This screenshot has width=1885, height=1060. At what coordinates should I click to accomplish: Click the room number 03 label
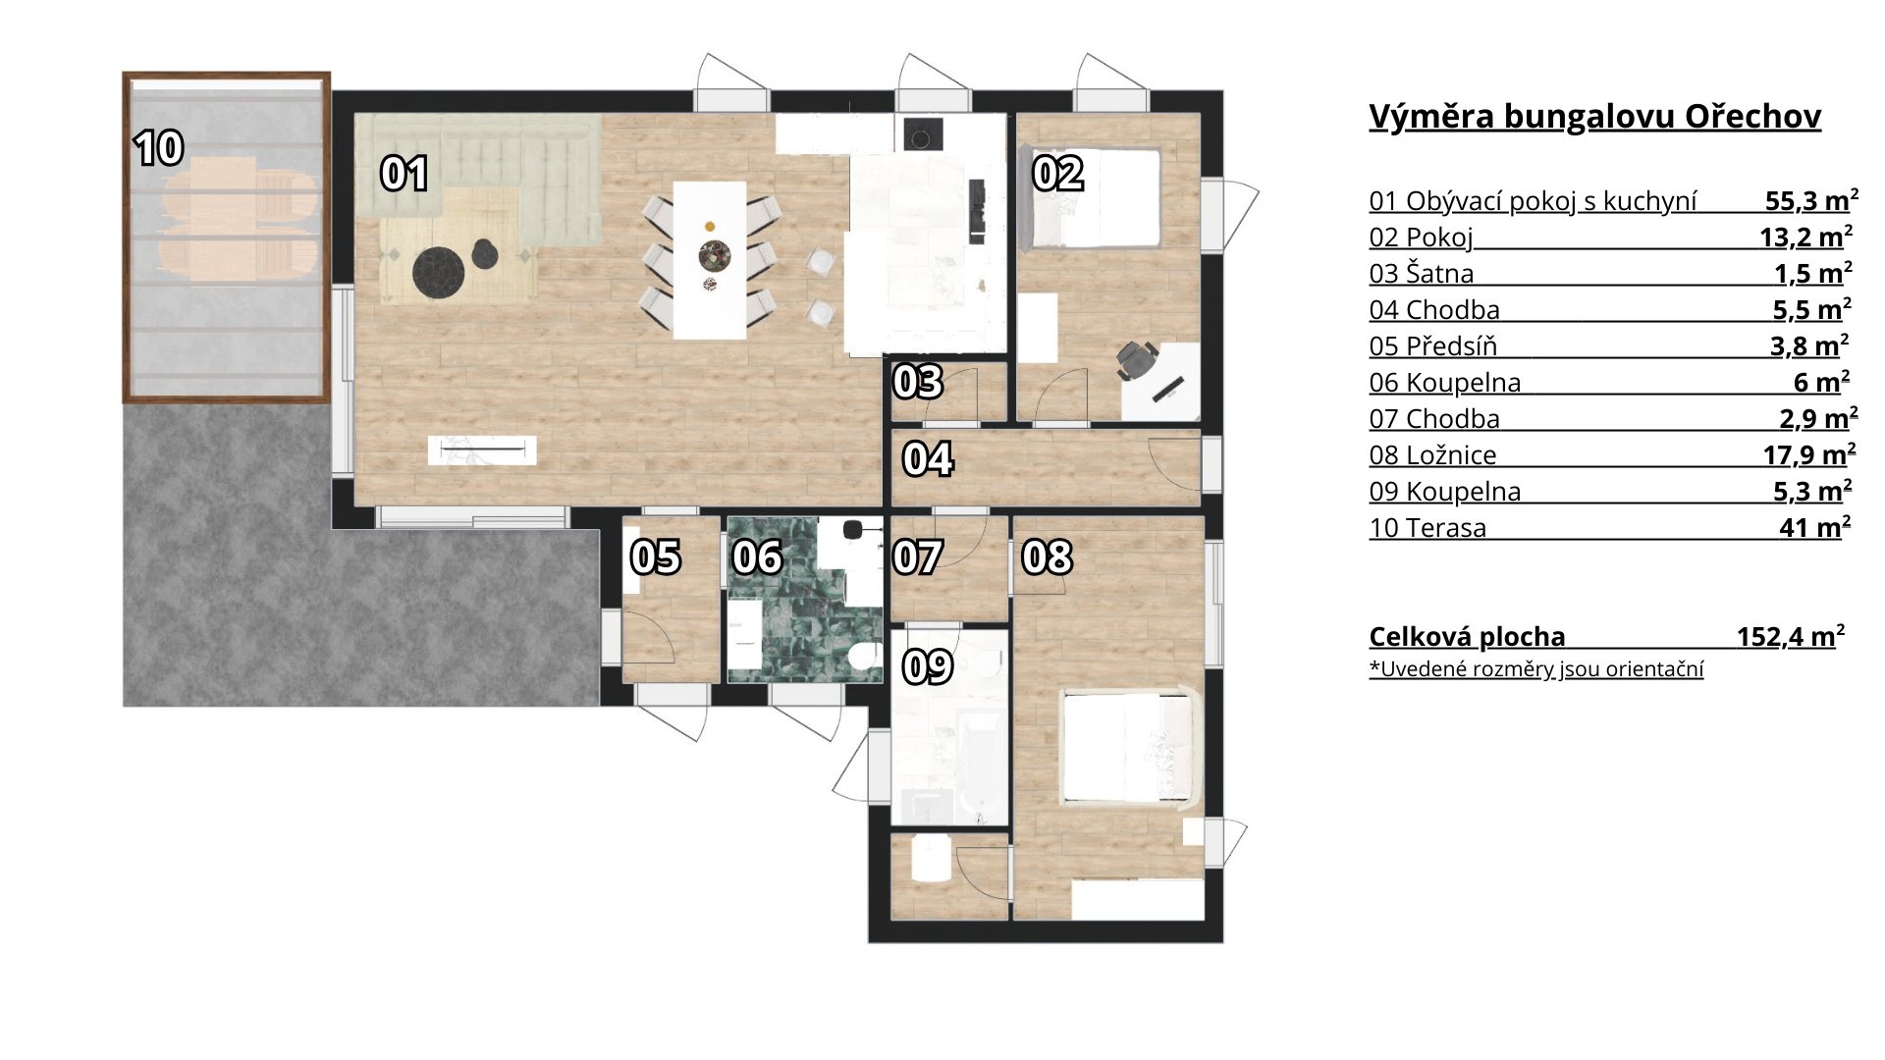918,382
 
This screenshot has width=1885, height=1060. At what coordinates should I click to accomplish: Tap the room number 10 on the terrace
159,148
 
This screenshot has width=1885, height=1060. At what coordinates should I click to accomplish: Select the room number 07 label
918,557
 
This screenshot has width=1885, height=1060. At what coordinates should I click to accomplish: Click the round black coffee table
438,270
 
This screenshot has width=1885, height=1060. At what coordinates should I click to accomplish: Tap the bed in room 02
1091,196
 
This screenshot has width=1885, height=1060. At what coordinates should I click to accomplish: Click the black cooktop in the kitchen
920,132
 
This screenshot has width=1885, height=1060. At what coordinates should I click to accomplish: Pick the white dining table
709,259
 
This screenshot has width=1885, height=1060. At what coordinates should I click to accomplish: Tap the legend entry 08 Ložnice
1432,455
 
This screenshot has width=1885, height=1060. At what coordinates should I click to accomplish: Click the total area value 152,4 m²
1791,636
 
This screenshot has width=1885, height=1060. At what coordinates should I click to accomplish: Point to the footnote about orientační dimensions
1536,669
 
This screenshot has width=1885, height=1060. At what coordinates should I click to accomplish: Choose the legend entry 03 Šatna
1422,274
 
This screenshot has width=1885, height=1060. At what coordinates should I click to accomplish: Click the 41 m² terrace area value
1815,528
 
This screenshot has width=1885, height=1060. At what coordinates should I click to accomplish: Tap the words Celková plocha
1467,637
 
